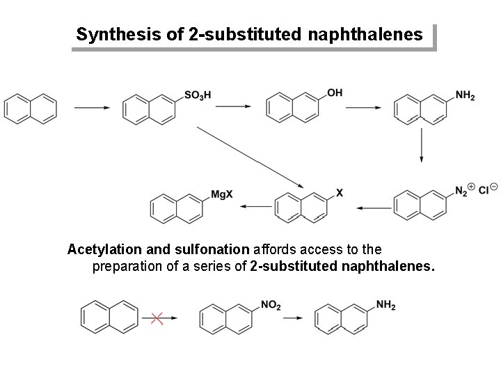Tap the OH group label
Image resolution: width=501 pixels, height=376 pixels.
[x=335, y=93]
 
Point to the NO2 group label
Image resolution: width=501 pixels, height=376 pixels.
[x=271, y=305]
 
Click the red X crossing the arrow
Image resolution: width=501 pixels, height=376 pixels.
[x=157, y=318]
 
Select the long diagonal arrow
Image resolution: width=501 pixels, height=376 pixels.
[x=250, y=157]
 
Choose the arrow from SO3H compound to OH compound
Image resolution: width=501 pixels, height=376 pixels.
[x=232, y=107]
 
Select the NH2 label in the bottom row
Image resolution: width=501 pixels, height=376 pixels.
[x=385, y=304]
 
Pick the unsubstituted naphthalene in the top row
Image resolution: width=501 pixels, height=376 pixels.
[x=30, y=107]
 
